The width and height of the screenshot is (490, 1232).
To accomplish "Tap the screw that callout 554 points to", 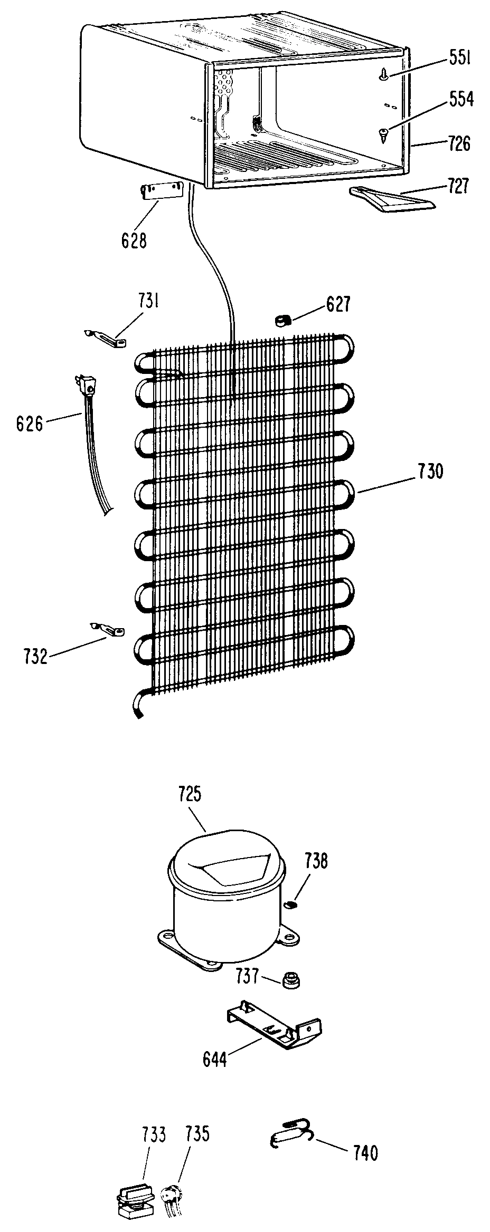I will [383, 134].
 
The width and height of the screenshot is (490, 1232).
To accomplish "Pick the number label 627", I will [338, 305].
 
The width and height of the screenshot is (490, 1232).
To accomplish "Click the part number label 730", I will [430, 471].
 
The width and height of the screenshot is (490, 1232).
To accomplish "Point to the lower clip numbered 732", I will [110, 629].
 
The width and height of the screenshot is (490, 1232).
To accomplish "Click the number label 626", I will [30, 423].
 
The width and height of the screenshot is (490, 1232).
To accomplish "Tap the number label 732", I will [36, 657].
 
